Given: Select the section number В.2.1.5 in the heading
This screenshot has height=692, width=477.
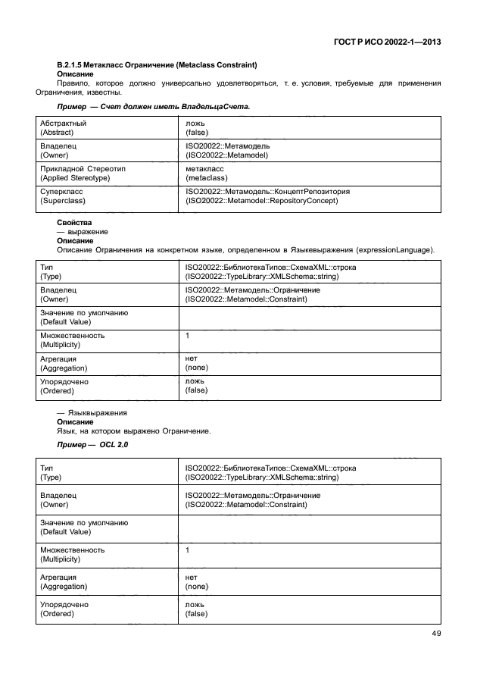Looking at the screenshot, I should [73, 65].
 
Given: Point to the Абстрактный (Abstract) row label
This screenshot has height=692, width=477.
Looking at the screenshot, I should [63, 127].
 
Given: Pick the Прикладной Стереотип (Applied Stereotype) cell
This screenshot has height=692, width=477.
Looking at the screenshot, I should [86, 173].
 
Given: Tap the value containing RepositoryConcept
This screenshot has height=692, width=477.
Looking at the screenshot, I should [261, 201].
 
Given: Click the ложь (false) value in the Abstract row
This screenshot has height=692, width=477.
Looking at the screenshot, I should [195, 127].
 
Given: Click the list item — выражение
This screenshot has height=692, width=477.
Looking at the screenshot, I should [82, 232].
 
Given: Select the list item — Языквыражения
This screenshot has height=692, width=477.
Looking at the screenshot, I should [92, 413].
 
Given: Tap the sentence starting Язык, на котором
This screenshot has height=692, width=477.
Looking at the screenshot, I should [123, 431].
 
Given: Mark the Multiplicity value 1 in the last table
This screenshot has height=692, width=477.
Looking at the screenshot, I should [188, 550].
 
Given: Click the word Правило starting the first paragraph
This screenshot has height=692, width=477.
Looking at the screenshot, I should [72, 83].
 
